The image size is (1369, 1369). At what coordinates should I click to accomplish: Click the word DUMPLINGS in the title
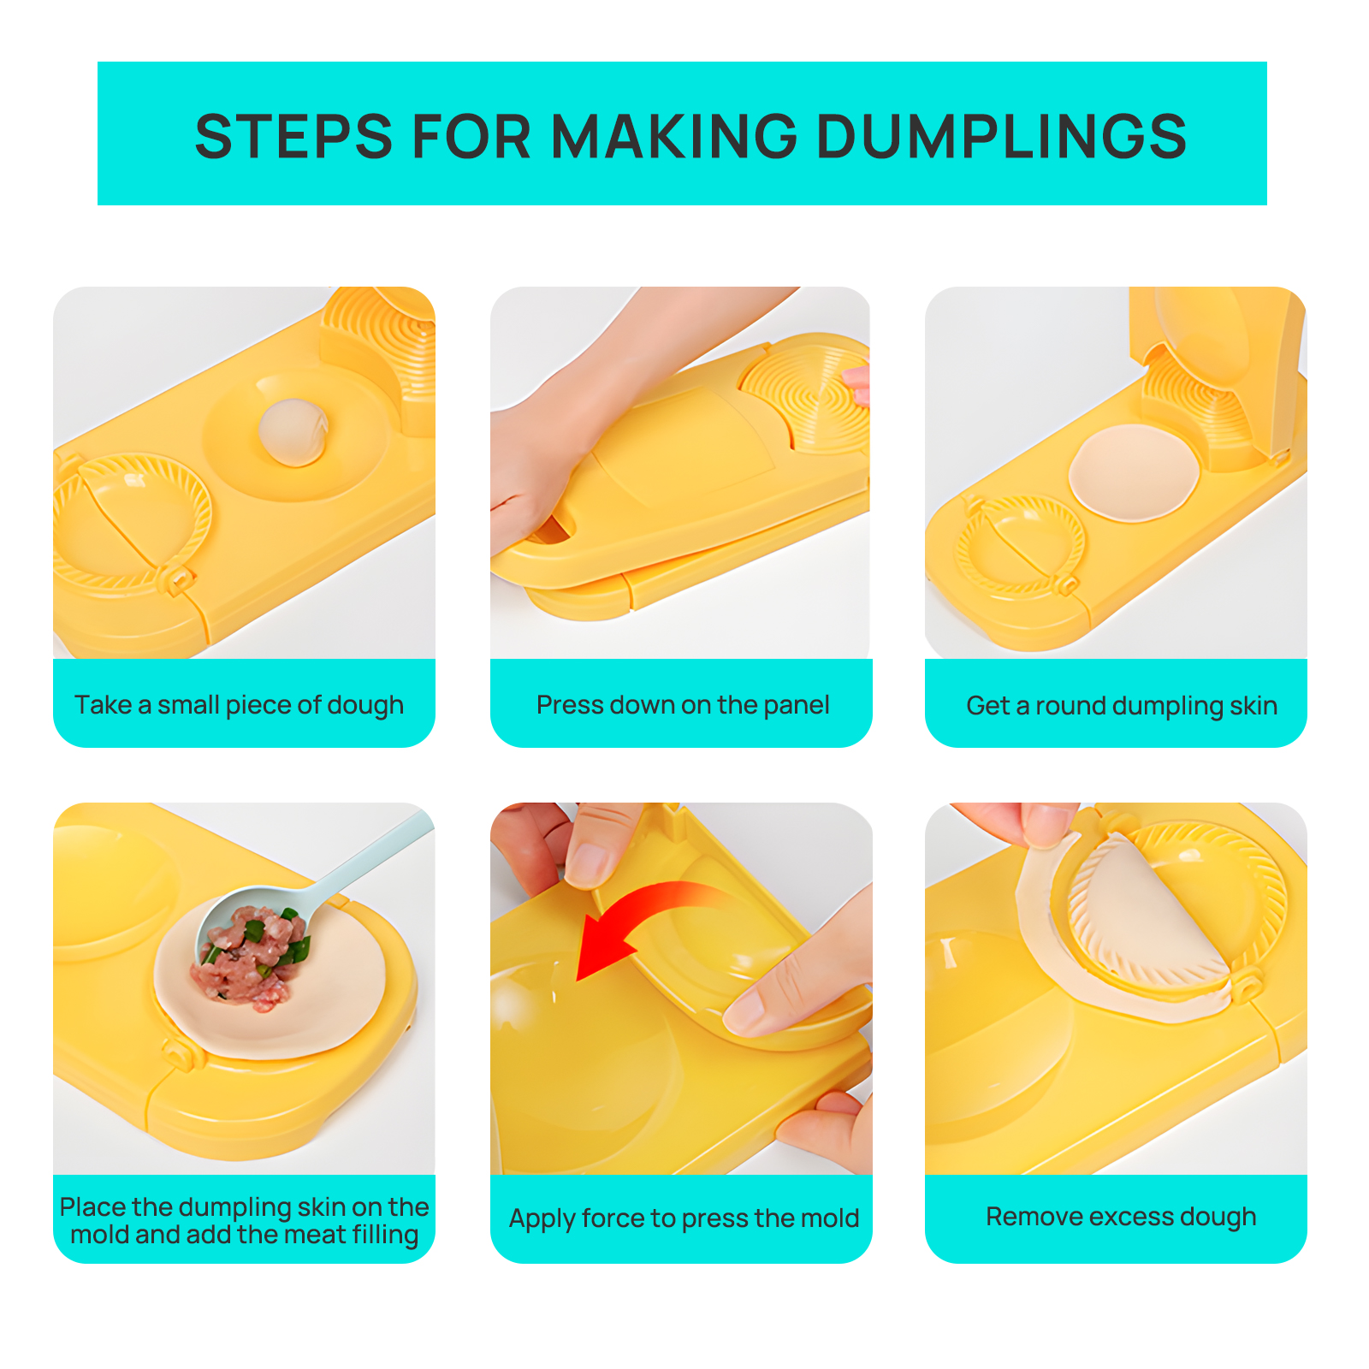click(1002, 136)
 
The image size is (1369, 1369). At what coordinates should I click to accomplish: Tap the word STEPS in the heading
click(294, 136)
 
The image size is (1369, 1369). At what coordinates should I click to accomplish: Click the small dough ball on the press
click(293, 432)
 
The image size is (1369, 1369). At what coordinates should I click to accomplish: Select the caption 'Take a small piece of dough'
click(239, 705)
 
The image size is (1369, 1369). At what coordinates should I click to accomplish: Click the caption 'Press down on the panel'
click(683, 705)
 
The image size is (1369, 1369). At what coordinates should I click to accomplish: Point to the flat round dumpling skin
click(1134, 473)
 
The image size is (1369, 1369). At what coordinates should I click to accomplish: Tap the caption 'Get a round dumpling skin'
click(1122, 706)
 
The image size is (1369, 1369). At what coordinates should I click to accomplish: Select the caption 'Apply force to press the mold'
click(684, 1218)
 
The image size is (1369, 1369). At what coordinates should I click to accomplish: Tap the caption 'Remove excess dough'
click(1121, 1217)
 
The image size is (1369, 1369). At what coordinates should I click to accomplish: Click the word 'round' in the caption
click(1071, 706)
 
